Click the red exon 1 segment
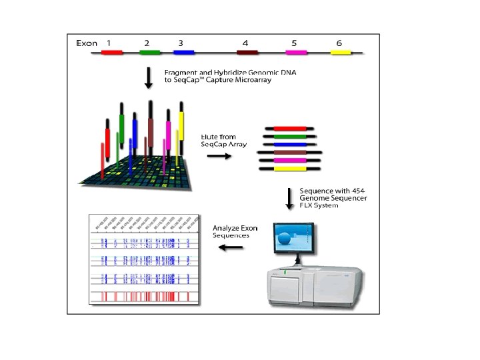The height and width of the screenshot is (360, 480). pyautogui.click(x=112, y=52)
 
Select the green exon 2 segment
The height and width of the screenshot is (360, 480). pyautogui.click(x=150, y=52)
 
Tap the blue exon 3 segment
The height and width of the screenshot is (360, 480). pyautogui.click(x=183, y=52)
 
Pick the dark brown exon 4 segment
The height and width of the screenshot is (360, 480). pyautogui.click(x=247, y=52)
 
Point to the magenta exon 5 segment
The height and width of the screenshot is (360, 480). pyautogui.click(x=296, y=52)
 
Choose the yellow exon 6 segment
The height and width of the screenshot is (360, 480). pyautogui.click(x=341, y=52)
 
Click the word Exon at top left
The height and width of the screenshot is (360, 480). pyautogui.click(x=87, y=43)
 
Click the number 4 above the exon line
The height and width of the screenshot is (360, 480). pyautogui.click(x=246, y=43)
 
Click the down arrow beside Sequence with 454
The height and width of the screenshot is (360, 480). pyautogui.click(x=289, y=198)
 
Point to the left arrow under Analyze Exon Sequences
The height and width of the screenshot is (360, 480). pyautogui.click(x=231, y=248)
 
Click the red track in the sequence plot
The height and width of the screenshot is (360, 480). pyautogui.click(x=143, y=295)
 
